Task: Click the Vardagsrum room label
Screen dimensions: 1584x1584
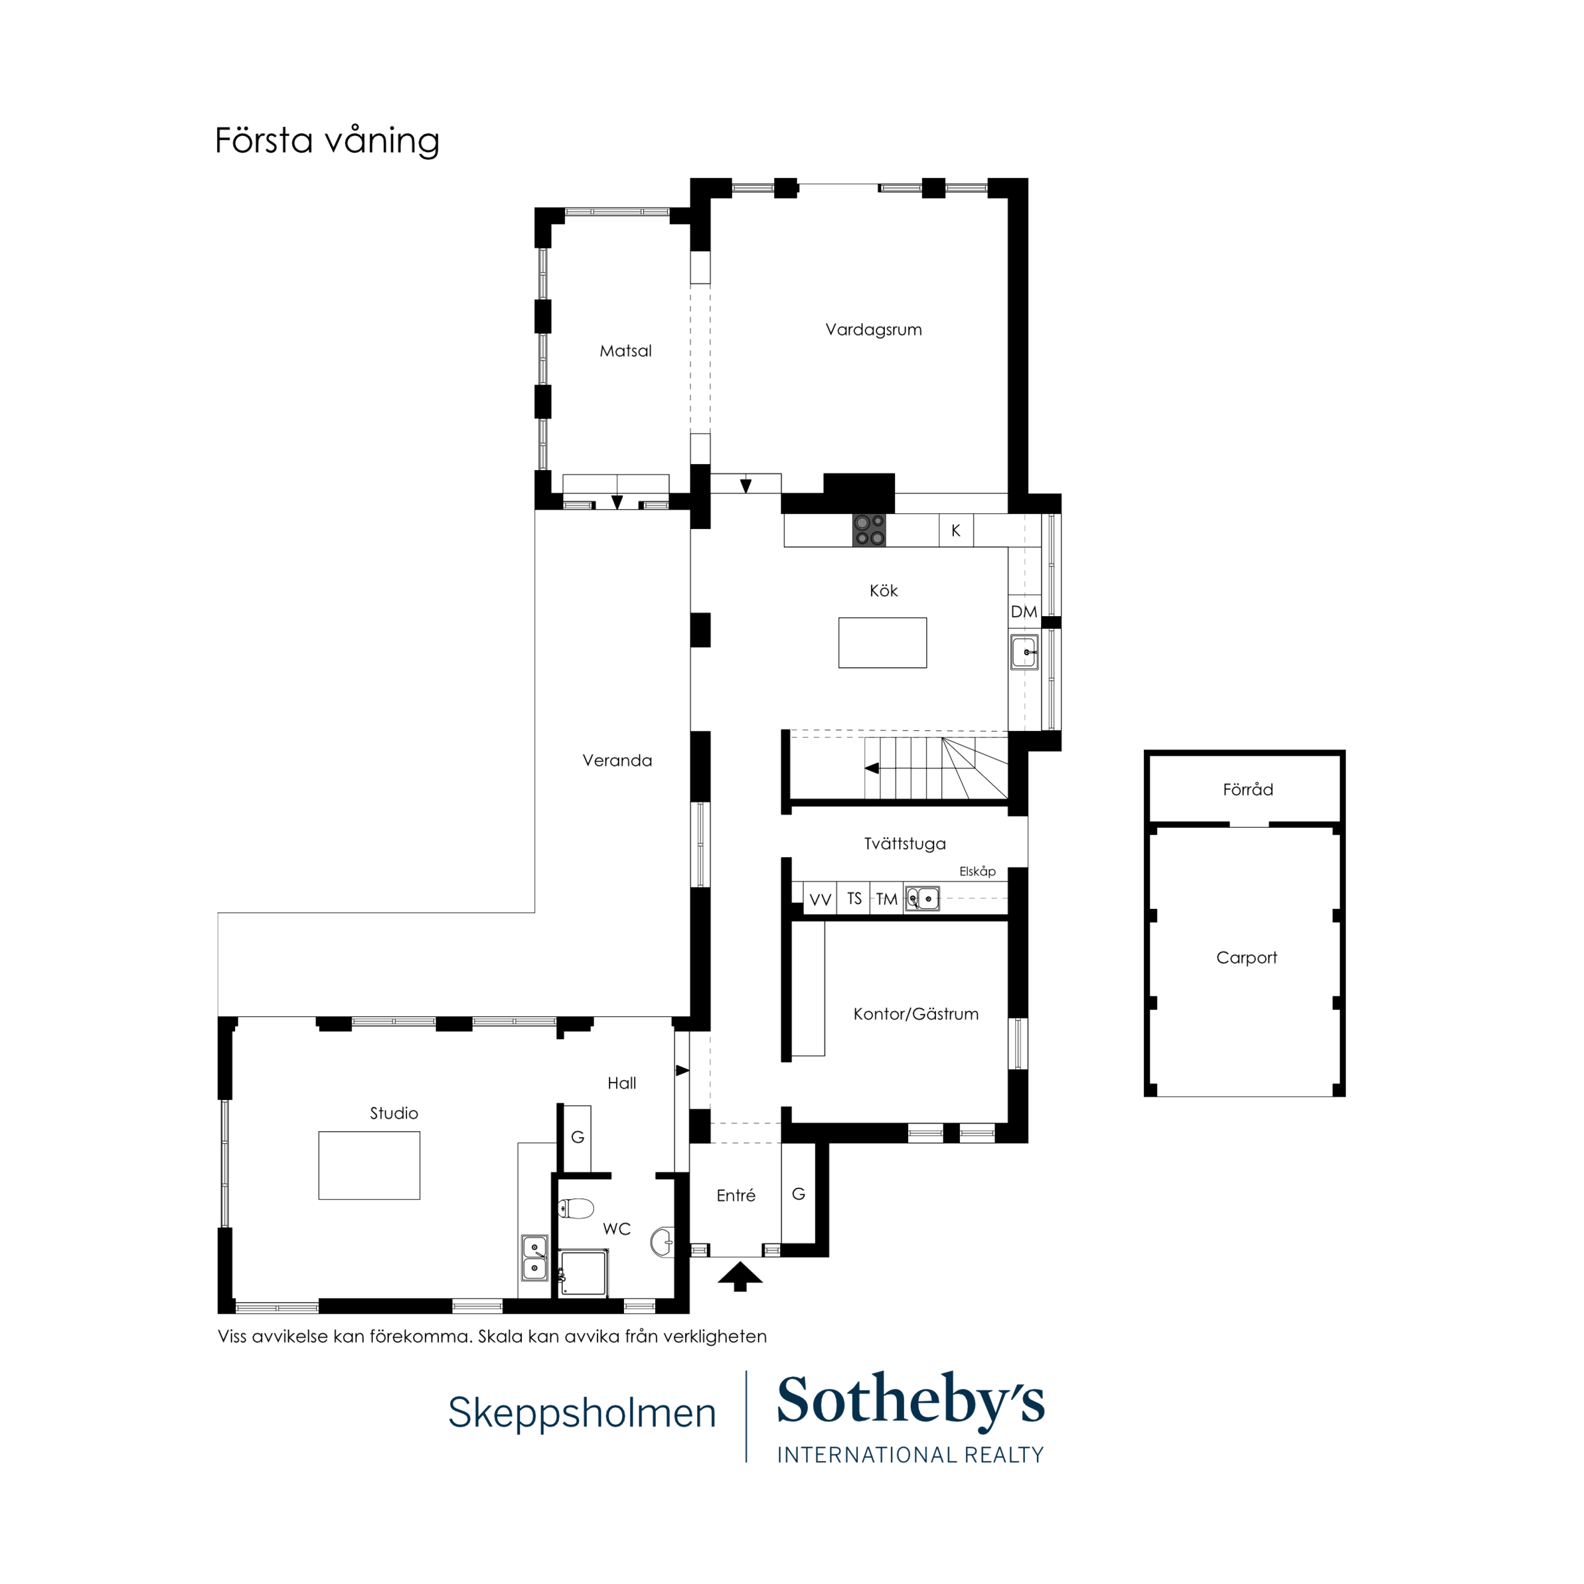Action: pyautogui.click(x=873, y=329)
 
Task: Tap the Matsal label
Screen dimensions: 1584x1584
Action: pyautogui.click(x=625, y=351)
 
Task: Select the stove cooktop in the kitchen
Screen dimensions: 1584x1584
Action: pyautogui.click(x=869, y=530)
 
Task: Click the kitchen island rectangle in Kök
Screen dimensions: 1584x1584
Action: pyautogui.click(x=882, y=643)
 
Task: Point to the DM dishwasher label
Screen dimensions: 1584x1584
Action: pyautogui.click(x=1024, y=611)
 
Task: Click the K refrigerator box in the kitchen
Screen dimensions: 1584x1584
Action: pyautogui.click(x=956, y=530)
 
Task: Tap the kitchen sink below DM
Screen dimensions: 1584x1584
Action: pyautogui.click(x=1025, y=653)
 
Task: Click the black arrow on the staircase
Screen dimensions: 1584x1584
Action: pyautogui.click(x=872, y=768)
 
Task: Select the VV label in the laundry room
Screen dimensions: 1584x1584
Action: pyautogui.click(x=820, y=900)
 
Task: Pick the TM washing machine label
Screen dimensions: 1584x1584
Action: pyautogui.click(x=886, y=900)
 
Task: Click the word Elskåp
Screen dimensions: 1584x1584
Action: pyautogui.click(x=977, y=872)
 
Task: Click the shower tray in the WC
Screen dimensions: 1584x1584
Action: pyautogui.click(x=584, y=1273)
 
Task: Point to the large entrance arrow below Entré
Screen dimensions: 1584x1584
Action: pyautogui.click(x=740, y=1277)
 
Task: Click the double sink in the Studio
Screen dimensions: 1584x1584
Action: pyautogui.click(x=534, y=1257)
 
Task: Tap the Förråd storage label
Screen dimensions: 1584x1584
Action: pyautogui.click(x=1248, y=789)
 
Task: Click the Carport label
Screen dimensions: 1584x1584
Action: pyautogui.click(x=1246, y=957)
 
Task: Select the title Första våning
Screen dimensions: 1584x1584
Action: pyautogui.click(x=327, y=140)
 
